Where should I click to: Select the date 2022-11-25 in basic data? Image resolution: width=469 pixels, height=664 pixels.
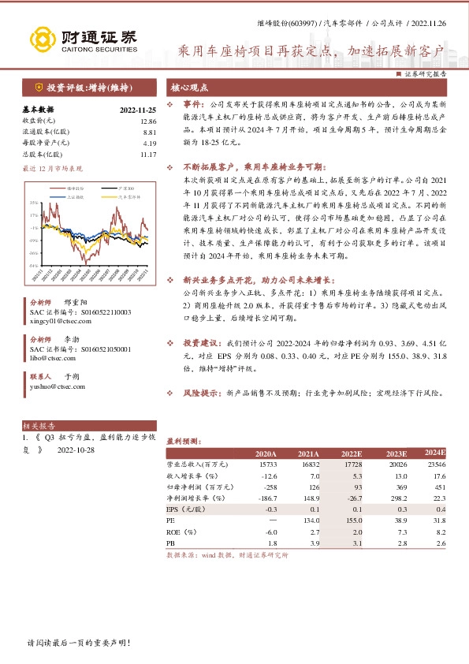(x=139, y=110)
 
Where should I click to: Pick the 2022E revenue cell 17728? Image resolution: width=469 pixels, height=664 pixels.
(x=351, y=465)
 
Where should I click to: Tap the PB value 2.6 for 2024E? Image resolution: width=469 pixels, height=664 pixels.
(x=440, y=543)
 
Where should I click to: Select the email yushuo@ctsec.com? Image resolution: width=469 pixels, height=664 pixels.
(x=56, y=386)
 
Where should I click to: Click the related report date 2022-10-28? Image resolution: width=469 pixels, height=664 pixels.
(x=75, y=450)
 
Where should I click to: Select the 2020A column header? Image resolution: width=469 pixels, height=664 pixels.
(x=266, y=454)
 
